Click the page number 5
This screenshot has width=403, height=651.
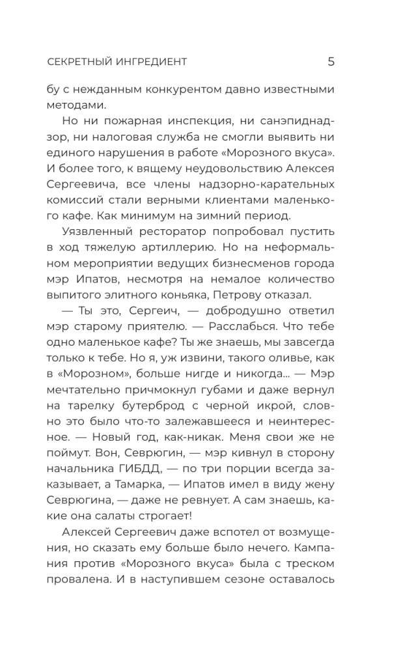(x=331, y=62)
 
